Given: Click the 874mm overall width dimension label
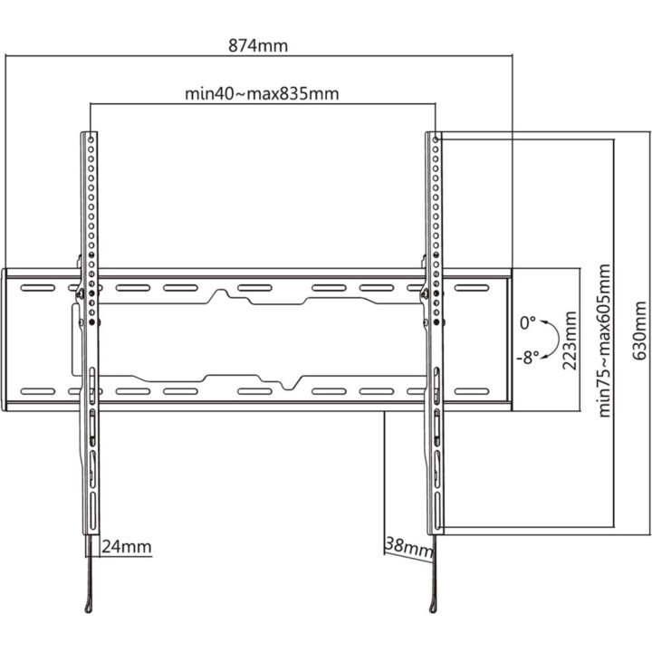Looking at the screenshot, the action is pyautogui.click(x=258, y=45).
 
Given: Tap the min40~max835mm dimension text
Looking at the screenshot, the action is pyautogui.click(x=262, y=93).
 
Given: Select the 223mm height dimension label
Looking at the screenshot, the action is pyautogui.click(x=570, y=340).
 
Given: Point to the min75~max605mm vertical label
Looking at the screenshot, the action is pyautogui.click(x=604, y=340).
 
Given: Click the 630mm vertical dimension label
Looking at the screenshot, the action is pyautogui.click(x=639, y=331).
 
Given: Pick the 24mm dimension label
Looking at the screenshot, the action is pyautogui.click(x=127, y=546).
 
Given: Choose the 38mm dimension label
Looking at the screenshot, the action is pyautogui.click(x=409, y=547).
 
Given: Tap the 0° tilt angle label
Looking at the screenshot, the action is pyautogui.click(x=528, y=322).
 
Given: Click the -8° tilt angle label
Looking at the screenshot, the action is pyautogui.click(x=528, y=357).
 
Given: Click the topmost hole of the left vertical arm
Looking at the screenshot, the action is pyautogui.click(x=91, y=139).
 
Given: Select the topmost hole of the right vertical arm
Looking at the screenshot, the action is pyautogui.click(x=436, y=139).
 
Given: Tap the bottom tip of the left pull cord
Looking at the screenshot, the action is pyautogui.click(x=88, y=611).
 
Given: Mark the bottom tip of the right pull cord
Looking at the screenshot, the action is pyautogui.click(x=433, y=610).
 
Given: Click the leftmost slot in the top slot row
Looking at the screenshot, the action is pyautogui.click(x=38, y=288).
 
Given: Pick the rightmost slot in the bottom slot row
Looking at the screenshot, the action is pyautogui.click(x=472, y=391).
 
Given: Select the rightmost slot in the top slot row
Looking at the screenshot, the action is pyautogui.click(x=472, y=288).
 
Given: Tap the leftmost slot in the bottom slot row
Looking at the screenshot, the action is pyautogui.click(x=38, y=391).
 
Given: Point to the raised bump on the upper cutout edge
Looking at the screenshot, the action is pyautogui.click(x=220, y=291).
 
